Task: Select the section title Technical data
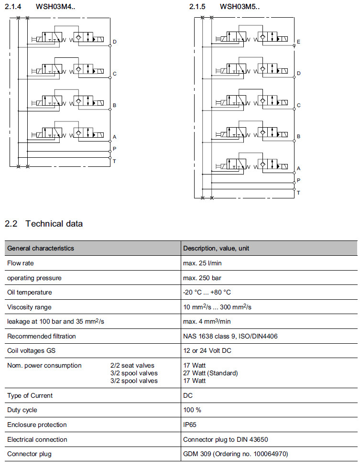click(54, 224)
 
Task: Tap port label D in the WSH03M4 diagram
click(115, 42)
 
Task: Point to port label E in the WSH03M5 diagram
click(298, 42)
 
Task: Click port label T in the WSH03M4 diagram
click(114, 161)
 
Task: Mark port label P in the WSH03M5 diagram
click(298, 180)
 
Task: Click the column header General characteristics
click(41, 249)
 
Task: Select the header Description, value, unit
click(216, 249)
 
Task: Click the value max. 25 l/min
click(202, 263)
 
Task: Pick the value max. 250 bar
click(202, 278)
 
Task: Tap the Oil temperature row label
click(29, 292)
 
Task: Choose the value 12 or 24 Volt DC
click(207, 351)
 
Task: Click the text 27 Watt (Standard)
click(210, 373)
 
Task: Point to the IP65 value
click(190, 425)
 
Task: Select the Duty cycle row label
click(22, 410)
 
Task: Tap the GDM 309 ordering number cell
click(235, 454)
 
